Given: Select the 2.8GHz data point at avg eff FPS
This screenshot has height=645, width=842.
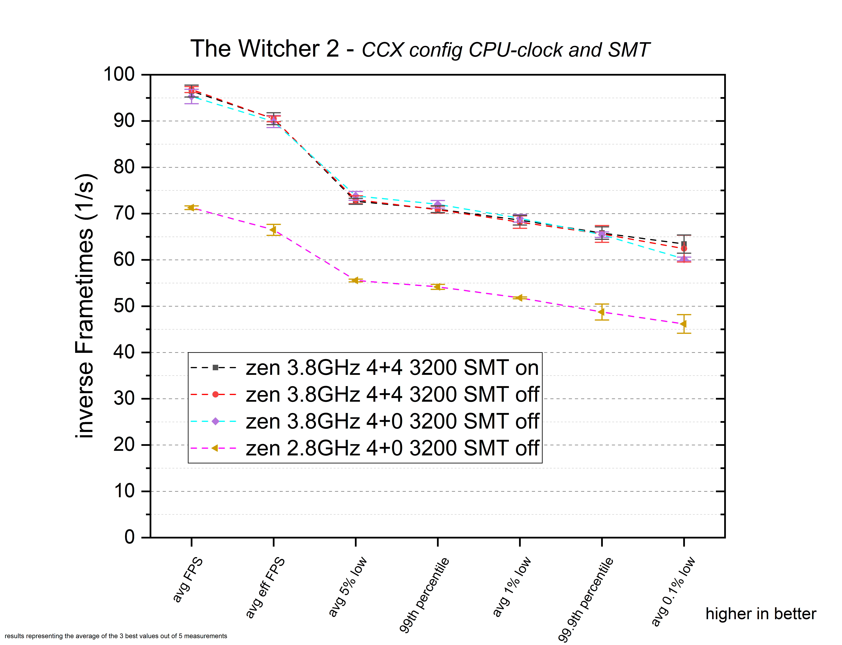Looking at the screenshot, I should tap(273, 230).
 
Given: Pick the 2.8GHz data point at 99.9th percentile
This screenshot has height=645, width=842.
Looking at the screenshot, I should tap(602, 312).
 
